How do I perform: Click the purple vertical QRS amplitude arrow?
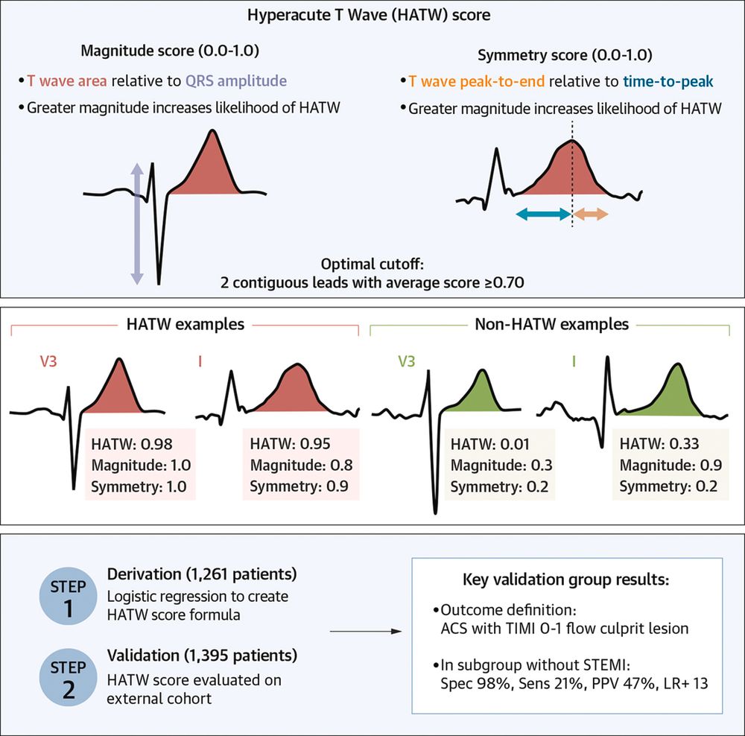(x=136, y=224)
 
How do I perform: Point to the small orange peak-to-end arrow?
(x=592, y=215)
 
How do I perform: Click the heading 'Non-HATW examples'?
(x=551, y=325)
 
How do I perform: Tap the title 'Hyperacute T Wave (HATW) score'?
(x=372, y=15)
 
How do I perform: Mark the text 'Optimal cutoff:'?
(x=372, y=265)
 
